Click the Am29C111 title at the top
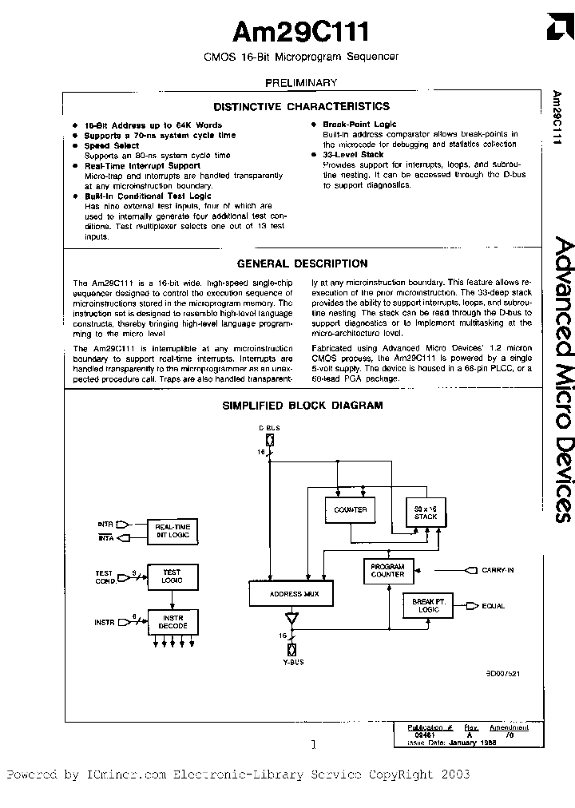tap(300, 32)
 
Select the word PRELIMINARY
tap(301, 82)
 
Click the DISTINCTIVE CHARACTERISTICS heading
tap(301, 106)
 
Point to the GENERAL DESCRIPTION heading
tap(303, 263)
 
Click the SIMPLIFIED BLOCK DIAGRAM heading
tap(302, 405)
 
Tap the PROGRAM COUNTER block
tap(388, 570)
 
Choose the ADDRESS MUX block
tap(289, 594)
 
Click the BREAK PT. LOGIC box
tap(427, 606)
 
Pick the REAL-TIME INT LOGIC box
tap(172, 530)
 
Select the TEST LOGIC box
tap(172, 576)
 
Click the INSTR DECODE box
tap(172, 621)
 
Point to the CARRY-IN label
tap(498, 570)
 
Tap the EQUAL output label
tap(493, 606)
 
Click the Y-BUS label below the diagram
tap(291, 662)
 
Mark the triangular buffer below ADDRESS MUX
tap(291, 620)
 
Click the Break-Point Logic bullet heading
tap(359, 125)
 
